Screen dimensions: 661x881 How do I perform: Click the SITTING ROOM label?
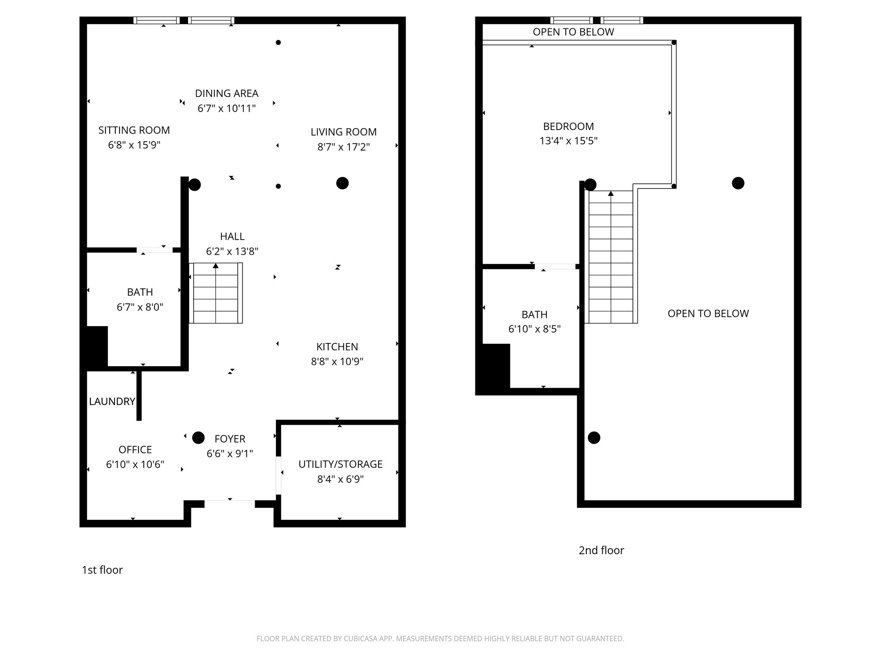click(134, 130)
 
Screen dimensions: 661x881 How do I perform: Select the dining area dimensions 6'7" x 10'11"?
click(226, 108)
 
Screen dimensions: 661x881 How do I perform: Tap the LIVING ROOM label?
click(343, 132)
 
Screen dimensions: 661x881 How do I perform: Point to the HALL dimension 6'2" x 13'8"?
click(232, 251)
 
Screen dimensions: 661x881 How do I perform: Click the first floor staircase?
click(216, 293)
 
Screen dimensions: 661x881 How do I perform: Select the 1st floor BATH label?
click(140, 292)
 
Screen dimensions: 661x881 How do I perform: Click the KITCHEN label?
click(337, 347)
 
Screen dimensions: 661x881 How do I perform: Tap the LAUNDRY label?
click(112, 402)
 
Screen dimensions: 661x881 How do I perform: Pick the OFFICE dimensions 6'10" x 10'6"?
click(135, 465)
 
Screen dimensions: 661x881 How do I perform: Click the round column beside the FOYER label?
click(198, 438)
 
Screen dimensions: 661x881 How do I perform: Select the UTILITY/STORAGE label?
click(340, 464)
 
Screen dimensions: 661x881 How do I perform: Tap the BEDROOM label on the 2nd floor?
click(568, 127)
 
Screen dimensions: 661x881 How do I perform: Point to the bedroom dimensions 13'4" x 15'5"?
click(568, 141)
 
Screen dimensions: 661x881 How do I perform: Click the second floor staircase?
click(610, 257)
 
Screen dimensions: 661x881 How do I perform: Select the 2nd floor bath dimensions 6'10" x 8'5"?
click(534, 329)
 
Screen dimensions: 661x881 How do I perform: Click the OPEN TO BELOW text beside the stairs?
click(708, 314)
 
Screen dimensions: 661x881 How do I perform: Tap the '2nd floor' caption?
click(601, 550)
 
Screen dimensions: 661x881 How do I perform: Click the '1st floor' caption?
click(102, 570)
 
